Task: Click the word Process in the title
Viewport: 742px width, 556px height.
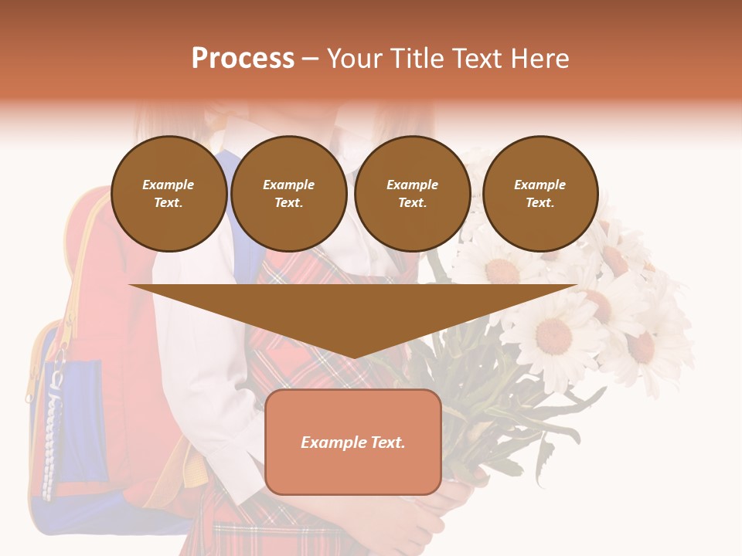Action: (x=243, y=59)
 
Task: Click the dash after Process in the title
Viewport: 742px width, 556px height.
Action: (x=310, y=59)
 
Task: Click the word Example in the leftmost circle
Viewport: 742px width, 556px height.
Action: (x=168, y=185)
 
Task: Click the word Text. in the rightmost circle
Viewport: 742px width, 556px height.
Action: (x=540, y=202)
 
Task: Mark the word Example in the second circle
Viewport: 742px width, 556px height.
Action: (x=288, y=185)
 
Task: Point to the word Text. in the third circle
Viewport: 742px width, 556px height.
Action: (x=412, y=202)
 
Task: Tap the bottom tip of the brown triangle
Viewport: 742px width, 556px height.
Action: (x=353, y=356)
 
